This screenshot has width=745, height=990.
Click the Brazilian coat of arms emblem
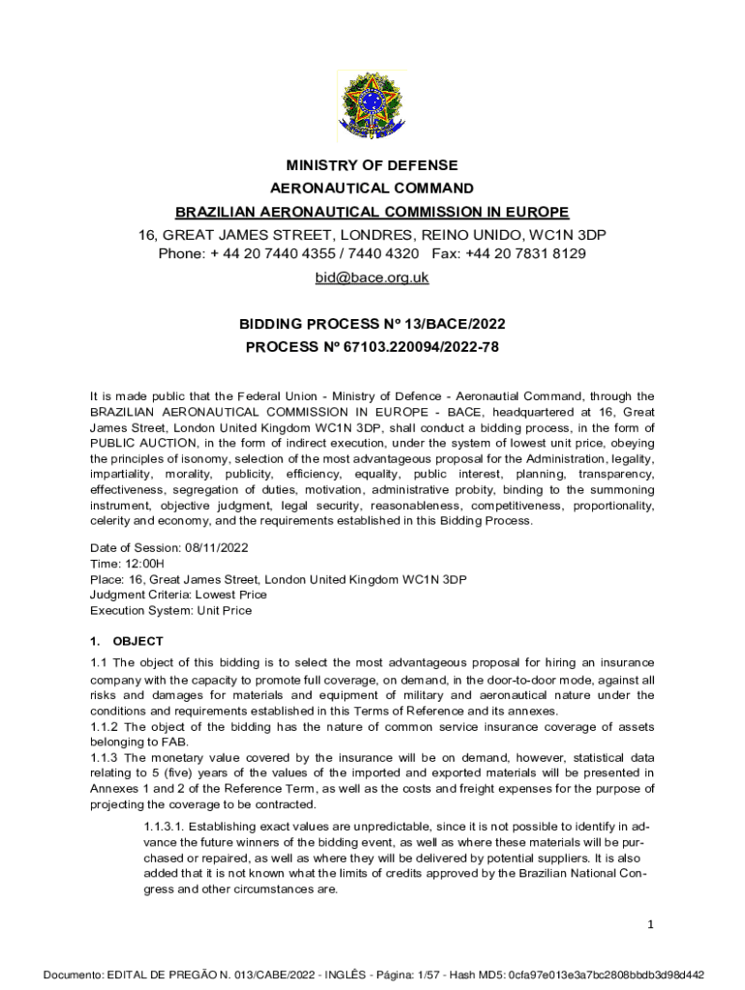coord(372,104)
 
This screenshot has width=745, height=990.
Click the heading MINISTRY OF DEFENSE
coord(372,165)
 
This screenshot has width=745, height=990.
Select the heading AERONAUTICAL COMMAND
coord(372,189)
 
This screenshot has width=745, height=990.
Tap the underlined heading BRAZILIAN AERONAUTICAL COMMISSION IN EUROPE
coord(372,212)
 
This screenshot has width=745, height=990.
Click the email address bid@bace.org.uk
coord(372,278)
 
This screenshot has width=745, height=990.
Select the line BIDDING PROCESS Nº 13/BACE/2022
coord(372,324)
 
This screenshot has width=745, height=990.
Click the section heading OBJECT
coord(137,641)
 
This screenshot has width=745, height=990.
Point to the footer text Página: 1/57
coord(427,975)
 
